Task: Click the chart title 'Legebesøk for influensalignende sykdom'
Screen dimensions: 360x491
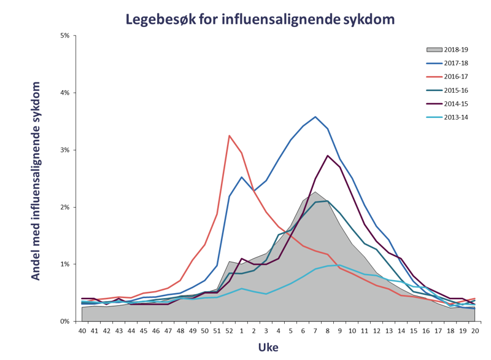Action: pyautogui.click(x=260, y=19)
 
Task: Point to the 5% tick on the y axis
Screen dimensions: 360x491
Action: pyautogui.click(x=64, y=36)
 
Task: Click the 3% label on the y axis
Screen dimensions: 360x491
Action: pyautogui.click(x=64, y=150)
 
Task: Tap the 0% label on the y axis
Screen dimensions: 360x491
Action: pyautogui.click(x=64, y=321)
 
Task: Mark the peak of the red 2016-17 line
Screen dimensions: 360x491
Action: pyautogui.click(x=230, y=136)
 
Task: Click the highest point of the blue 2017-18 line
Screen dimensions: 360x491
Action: pyautogui.click(x=315, y=117)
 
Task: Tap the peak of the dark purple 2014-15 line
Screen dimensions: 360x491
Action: pyautogui.click(x=328, y=155)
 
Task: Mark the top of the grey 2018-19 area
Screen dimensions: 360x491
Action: pyautogui.click(x=315, y=192)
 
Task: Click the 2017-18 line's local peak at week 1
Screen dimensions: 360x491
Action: pyautogui.click(x=242, y=177)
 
